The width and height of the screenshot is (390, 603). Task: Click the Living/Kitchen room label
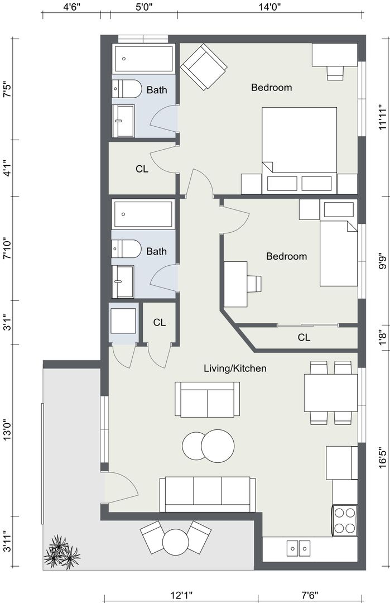click(x=235, y=368)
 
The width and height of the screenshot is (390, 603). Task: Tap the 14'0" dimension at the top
click(x=269, y=6)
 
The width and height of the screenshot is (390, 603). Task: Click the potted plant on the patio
click(x=61, y=552)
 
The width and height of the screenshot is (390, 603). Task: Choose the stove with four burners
click(x=345, y=520)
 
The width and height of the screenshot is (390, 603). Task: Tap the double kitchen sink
click(x=298, y=548)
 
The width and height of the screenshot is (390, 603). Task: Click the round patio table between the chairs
click(x=176, y=542)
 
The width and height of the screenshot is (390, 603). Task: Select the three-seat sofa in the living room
click(x=208, y=495)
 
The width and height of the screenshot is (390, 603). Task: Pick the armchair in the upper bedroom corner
click(x=204, y=66)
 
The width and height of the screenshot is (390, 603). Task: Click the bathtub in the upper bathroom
click(x=143, y=59)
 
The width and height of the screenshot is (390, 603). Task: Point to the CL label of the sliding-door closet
click(x=304, y=337)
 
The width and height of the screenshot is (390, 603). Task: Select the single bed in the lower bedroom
click(x=339, y=243)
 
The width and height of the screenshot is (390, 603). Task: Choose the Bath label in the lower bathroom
click(x=156, y=251)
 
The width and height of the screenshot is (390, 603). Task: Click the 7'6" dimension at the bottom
click(x=309, y=596)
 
